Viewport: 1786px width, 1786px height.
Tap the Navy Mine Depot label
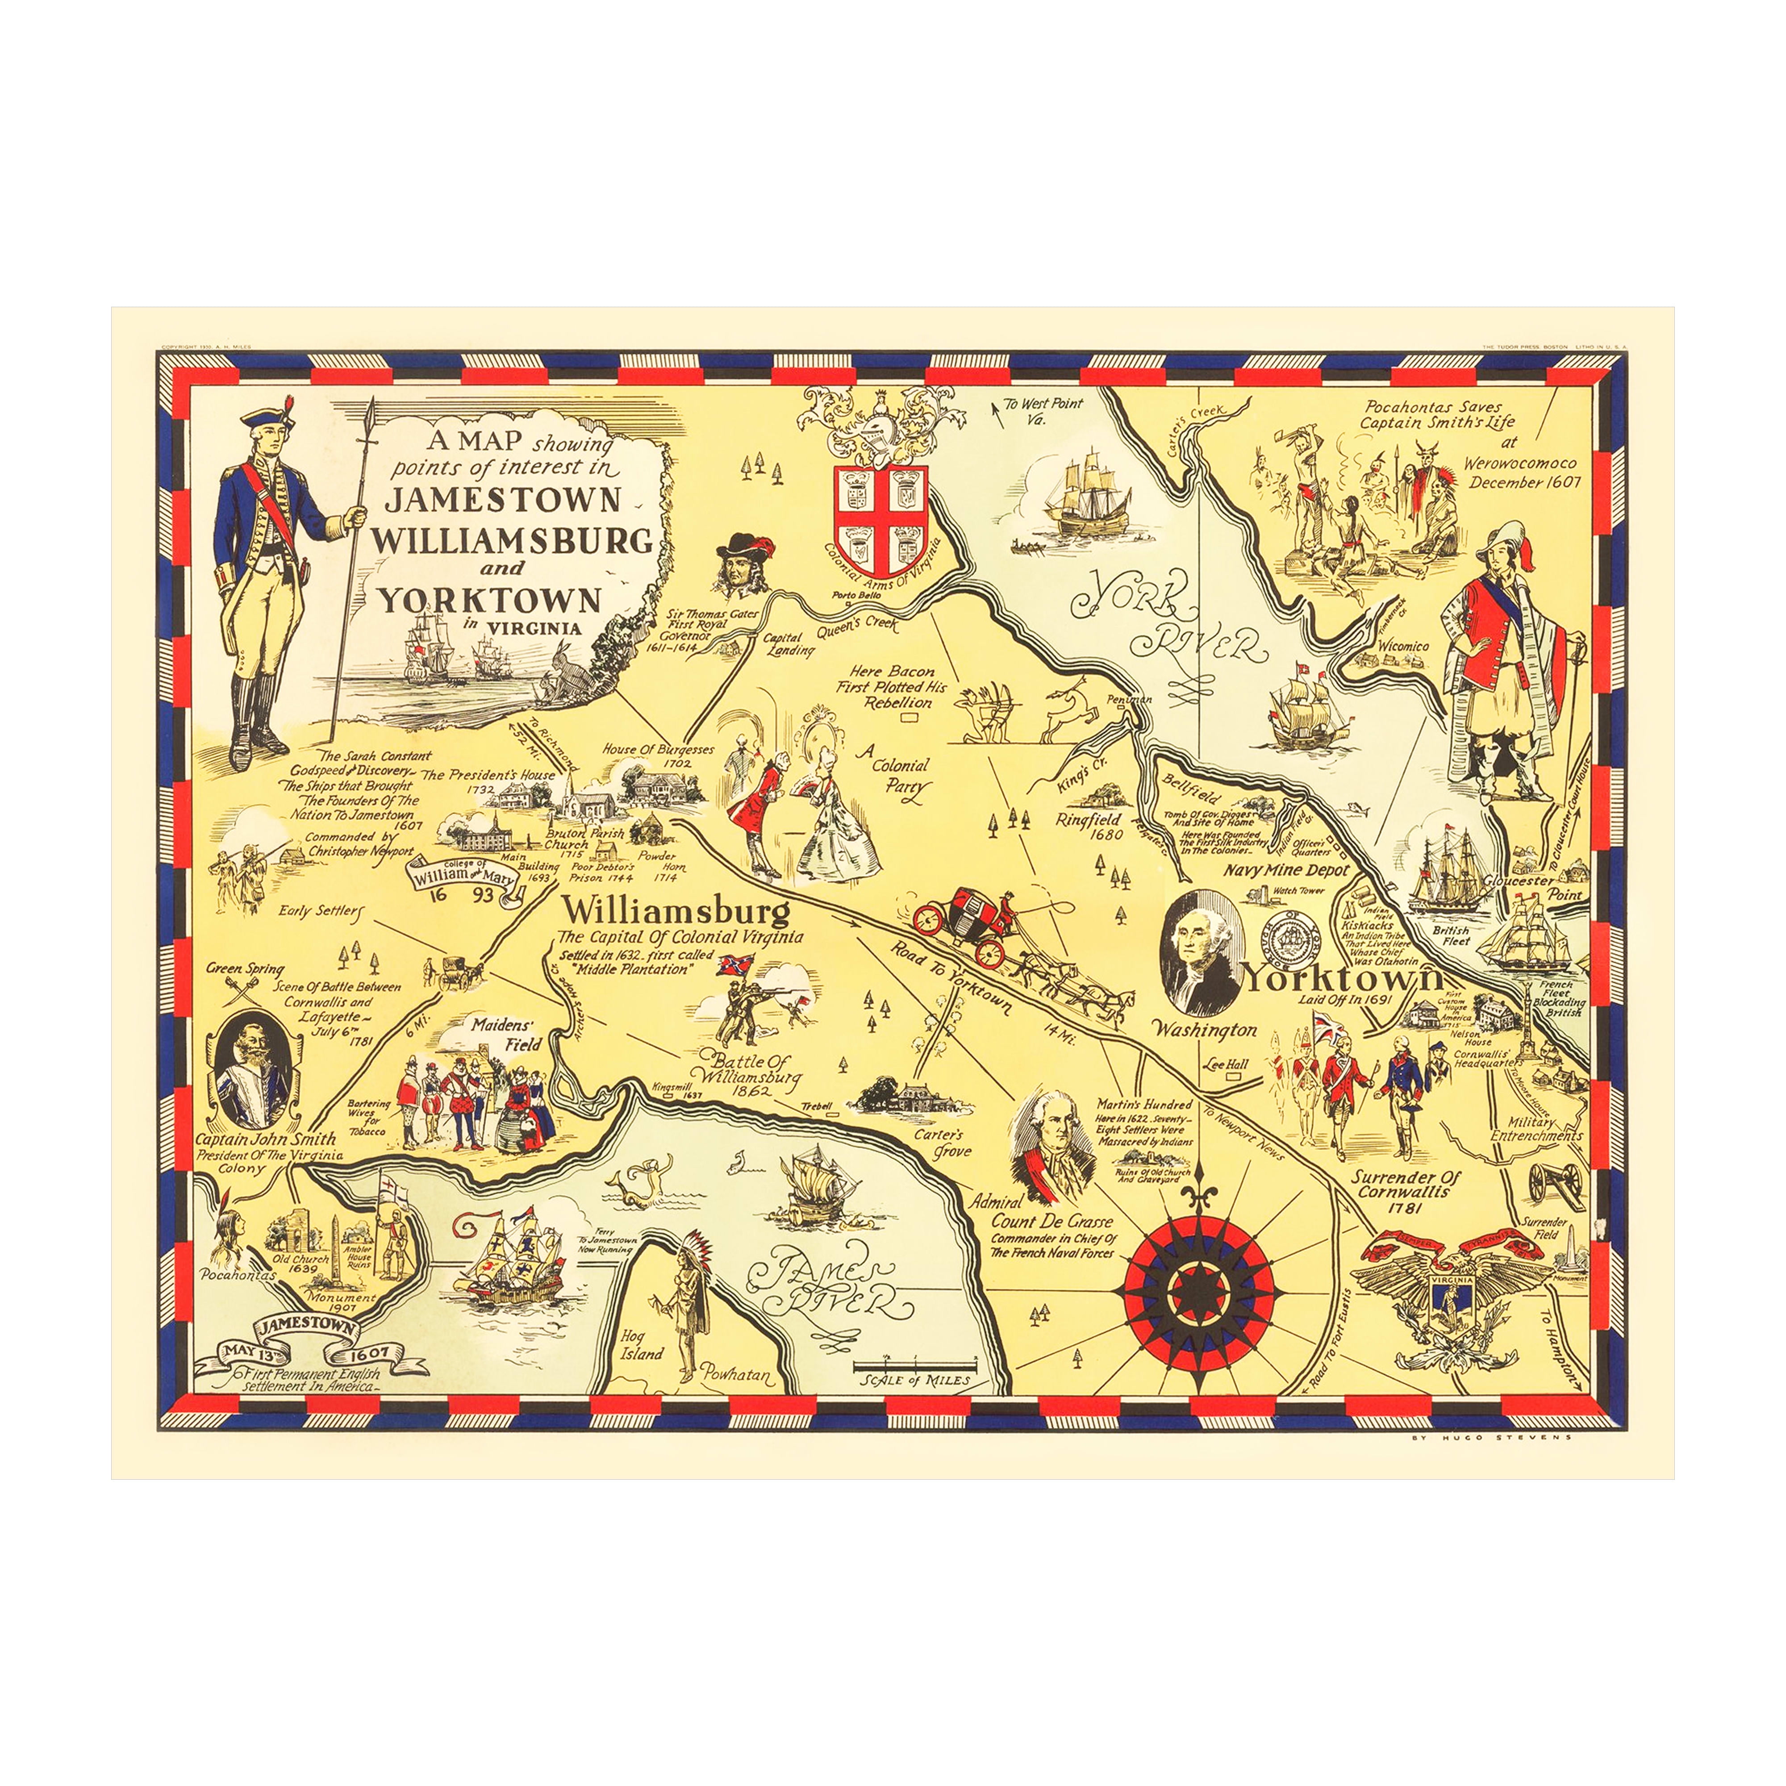pos(1287,870)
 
